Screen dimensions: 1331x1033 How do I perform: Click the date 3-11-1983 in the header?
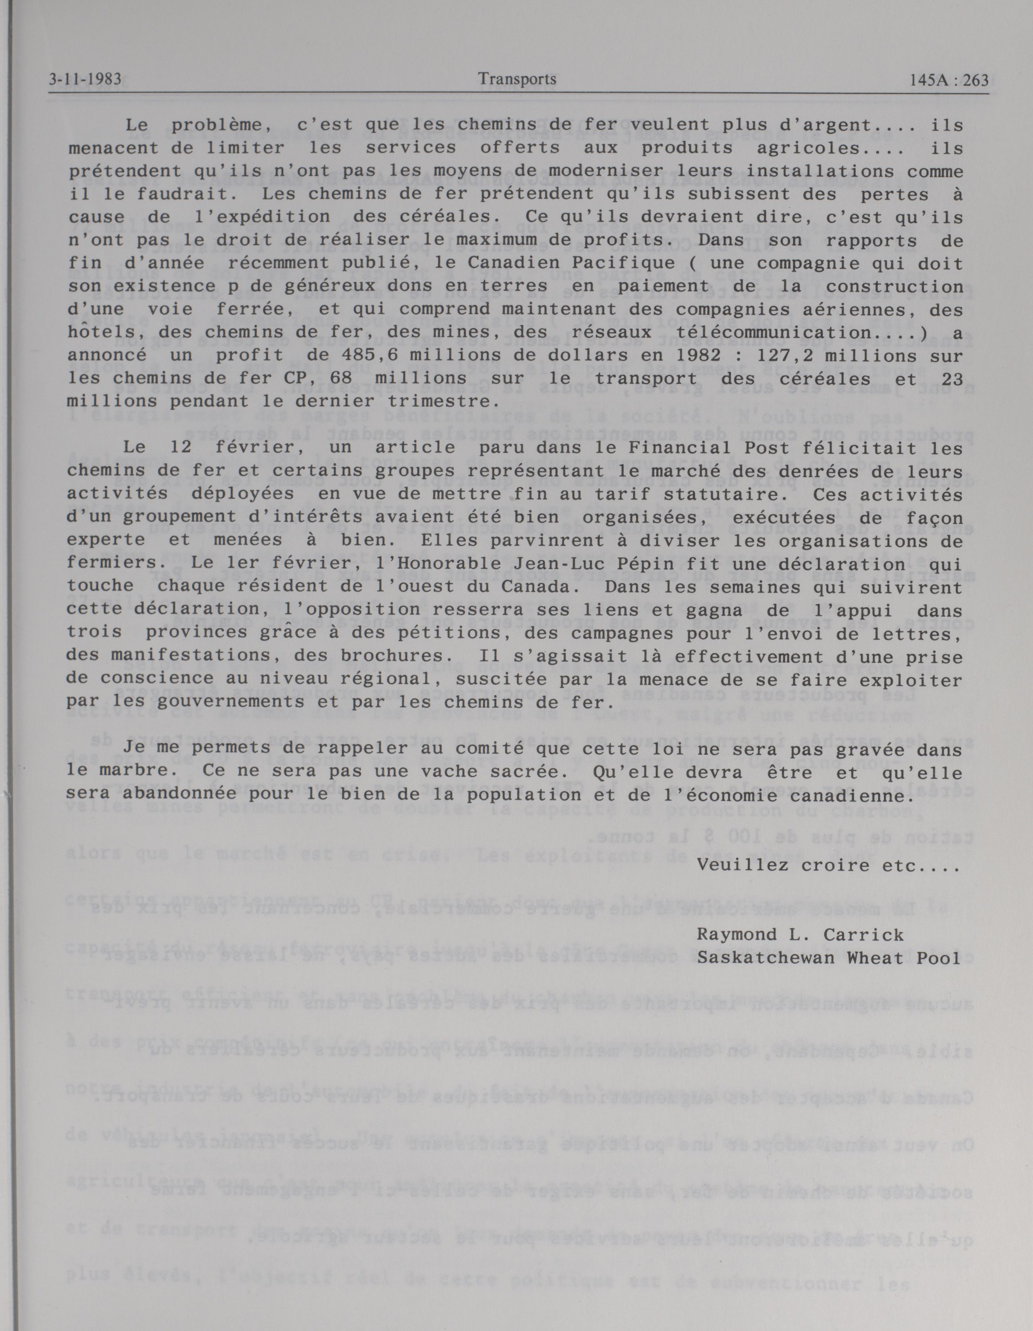[85, 80]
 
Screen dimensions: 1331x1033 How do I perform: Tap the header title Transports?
[517, 79]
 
